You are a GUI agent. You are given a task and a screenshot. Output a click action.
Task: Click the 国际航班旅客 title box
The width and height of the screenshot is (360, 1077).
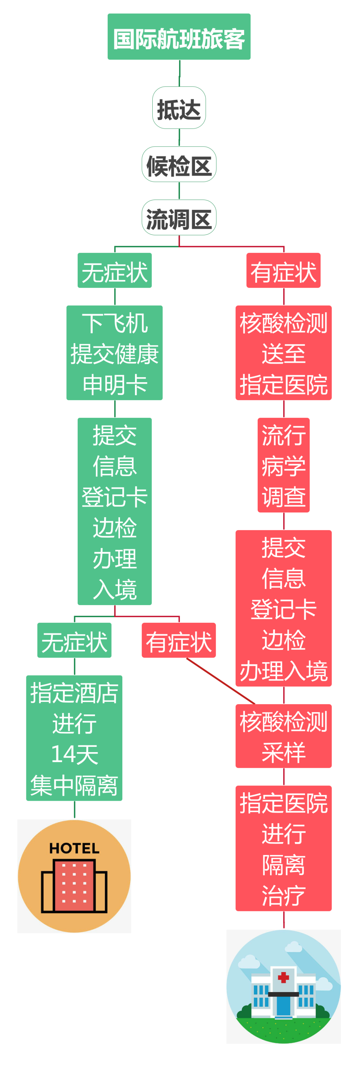pyautogui.click(x=179, y=37)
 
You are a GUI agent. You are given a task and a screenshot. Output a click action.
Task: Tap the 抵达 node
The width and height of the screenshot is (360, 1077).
pyautogui.click(x=179, y=108)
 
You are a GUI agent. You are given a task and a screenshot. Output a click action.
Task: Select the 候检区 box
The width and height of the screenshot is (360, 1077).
pyautogui.click(x=179, y=164)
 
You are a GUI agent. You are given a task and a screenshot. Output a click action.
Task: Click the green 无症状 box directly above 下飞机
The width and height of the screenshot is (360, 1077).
pyautogui.click(x=115, y=271)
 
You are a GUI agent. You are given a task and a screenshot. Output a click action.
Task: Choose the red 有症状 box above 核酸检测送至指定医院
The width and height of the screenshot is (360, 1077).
pyautogui.click(x=283, y=271)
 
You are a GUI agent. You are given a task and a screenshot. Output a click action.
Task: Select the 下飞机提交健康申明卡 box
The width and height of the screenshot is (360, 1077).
pyautogui.click(x=115, y=353)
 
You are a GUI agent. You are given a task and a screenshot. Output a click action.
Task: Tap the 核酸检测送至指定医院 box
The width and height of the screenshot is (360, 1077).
pyautogui.click(x=283, y=353)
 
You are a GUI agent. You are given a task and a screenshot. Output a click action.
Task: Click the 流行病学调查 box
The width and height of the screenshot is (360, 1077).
pyautogui.click(x=283, y=465)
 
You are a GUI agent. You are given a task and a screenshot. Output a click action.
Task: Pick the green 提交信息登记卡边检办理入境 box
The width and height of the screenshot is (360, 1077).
pyautogui.click(x=115, y=511)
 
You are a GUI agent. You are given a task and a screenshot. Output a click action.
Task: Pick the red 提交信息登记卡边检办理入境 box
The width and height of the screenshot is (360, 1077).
pyautogui.click(x=283, y=608)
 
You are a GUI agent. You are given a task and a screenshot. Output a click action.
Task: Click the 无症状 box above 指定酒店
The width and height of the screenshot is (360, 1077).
pyautogui.click(x=74, y=640)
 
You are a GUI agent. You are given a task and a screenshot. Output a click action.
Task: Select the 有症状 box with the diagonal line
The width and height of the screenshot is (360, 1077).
pyautogui.click(x=179, y=640)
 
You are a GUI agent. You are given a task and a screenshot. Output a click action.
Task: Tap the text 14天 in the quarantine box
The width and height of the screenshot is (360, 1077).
pyautogui.click(x=74, y=754)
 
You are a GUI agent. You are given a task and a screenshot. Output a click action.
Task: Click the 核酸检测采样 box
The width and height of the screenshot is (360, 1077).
pyautogui.click(x=283, y=736)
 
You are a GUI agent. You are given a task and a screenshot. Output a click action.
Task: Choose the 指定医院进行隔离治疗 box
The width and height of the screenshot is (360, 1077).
pyautogui.click(x=283, y=848)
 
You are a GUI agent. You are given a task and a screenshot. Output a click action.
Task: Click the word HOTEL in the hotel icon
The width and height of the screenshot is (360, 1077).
pyautogui.click(x=74, y=848)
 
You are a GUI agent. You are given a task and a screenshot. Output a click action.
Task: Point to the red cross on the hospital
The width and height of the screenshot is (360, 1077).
pyautogui.click(x=283, y=977)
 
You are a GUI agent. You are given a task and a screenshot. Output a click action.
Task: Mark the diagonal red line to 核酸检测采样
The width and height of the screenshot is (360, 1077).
pyautogui.click(x=221, y=681)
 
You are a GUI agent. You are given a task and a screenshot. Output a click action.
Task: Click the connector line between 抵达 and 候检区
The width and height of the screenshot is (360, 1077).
pyautogui.click(x=179, y=137)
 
